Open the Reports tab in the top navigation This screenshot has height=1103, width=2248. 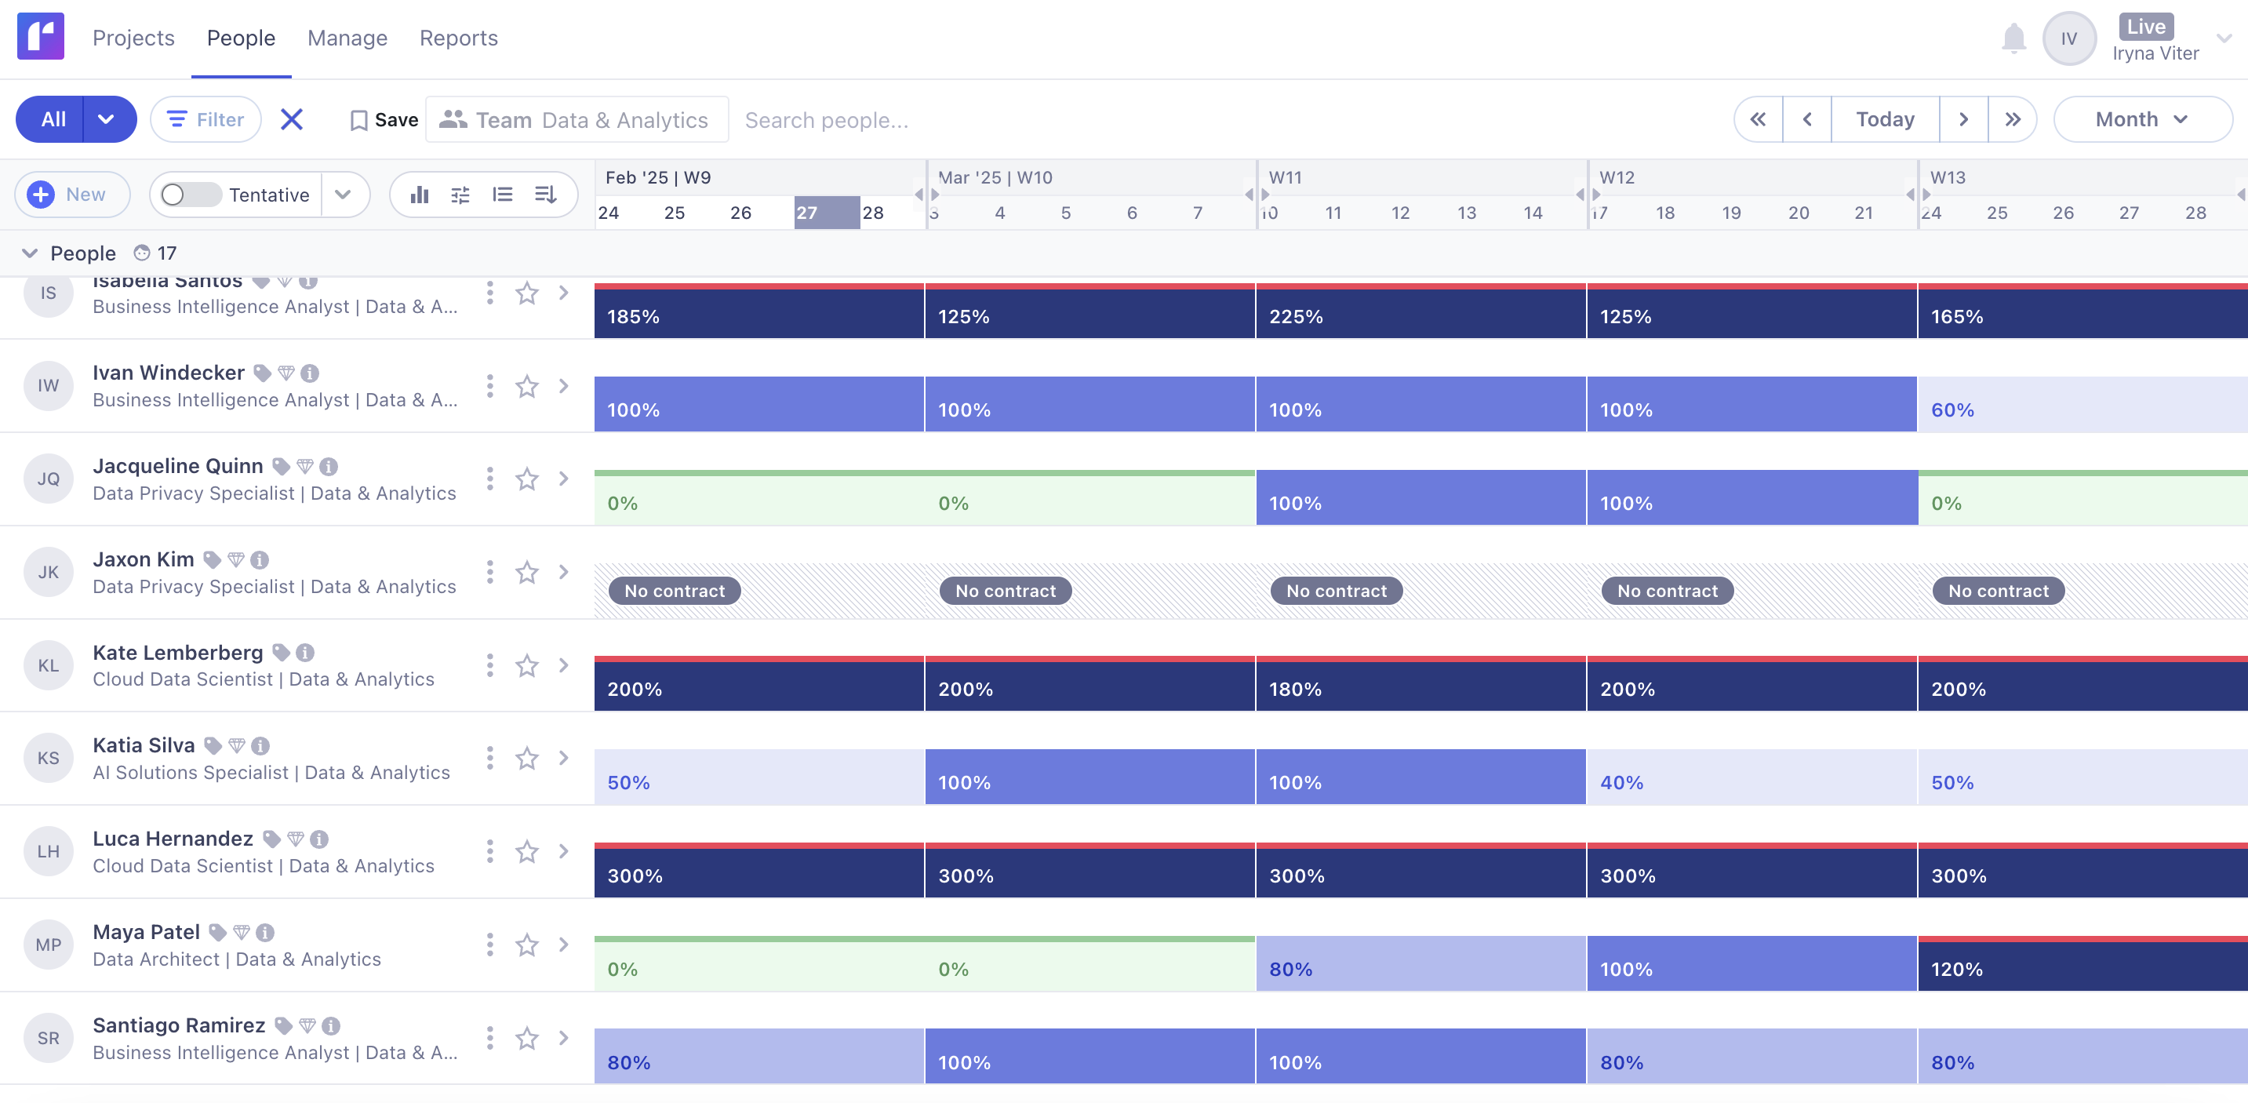pos(458,38)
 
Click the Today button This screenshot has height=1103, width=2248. pos(1884,119)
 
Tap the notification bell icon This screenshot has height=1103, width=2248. pos(2013,38)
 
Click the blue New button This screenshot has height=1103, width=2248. pos(71,195)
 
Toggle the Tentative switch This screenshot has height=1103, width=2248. pos(191,195)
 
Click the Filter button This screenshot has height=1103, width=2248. pos(206,119)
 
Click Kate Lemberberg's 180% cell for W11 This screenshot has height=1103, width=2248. pos(1420,686)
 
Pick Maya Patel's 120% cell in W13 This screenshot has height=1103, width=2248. pos(2081,966)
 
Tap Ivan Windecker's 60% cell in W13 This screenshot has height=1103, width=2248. pos(2081,406)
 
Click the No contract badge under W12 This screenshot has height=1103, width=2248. pos(1667,591)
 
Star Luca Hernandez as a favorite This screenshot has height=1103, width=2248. pos(527,852)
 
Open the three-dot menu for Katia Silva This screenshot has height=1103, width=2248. pos(489,759)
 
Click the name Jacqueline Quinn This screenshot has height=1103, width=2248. pos(178,466)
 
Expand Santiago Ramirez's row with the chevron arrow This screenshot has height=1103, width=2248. pos(564,1038)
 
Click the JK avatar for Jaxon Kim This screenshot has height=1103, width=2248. pos(48,573)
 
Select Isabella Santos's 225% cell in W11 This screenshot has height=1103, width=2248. pos(1420,313)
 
